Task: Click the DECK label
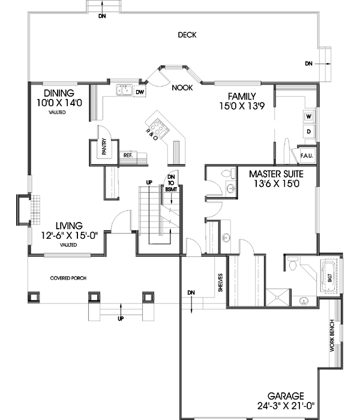pyautogui.click(x=187, y=35)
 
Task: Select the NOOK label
pyautogui.click(x=181, y=88)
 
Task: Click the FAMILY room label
pyautogui.click(x=241, y=97)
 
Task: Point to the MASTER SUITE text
pyautogui.click(x=276, y=174)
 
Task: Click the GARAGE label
pyautogui.click(x=286, y=396)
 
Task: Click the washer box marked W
pyautogui.click(x=308, y=116)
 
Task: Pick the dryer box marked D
pyautogui.click(x=308, y=131)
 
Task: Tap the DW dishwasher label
pyautogui.click(x=139, y=92)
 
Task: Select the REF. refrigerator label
pyautogui.click(x=128, y=155)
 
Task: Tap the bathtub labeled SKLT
pyautogui.click(x=329, y=277)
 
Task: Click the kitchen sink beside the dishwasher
pyautogui.click(x=125, y=91)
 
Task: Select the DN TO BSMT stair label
pyautogui.click(x=171, y=182)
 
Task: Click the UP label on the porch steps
pyautogui.click(x=121, y=318)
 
